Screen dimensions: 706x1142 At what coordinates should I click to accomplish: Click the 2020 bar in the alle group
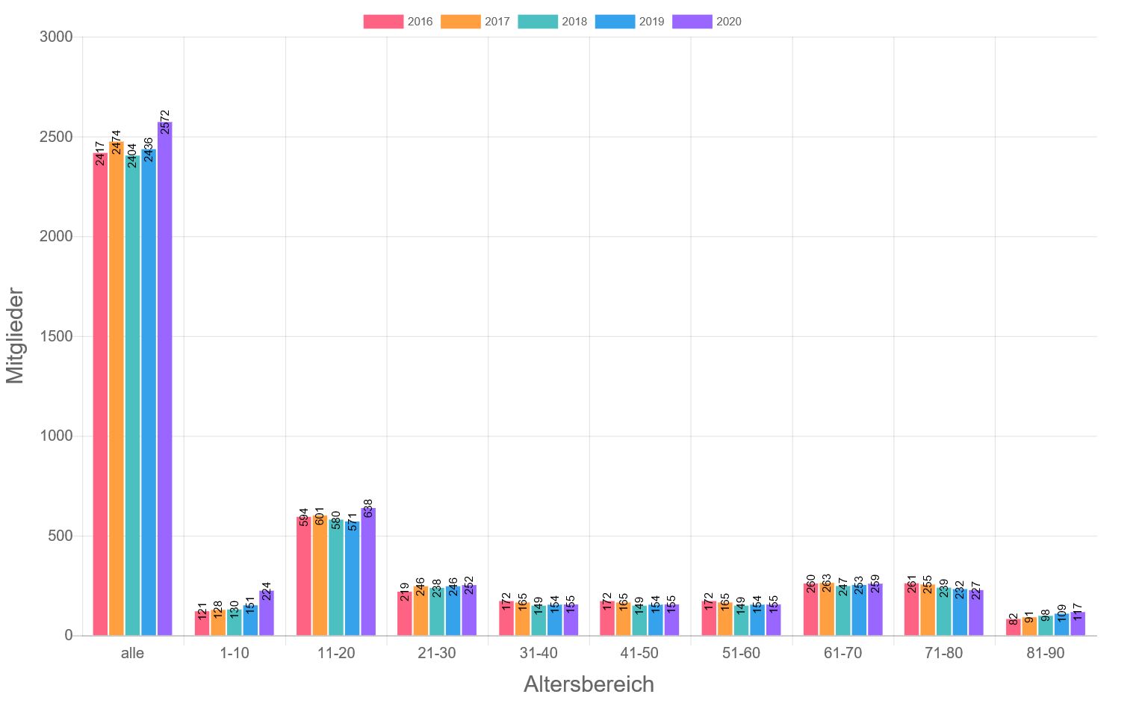pyautogui.click(x=164, y=381)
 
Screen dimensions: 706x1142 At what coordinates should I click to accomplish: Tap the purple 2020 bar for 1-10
pyautogui.click(x=267, y=614)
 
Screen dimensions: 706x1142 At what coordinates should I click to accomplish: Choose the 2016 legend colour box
pyautogui.click(x=383, y=22)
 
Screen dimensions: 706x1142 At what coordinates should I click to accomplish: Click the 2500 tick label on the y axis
pyautogui.click(x=56, y=137)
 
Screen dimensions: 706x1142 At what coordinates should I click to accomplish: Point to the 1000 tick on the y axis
pyautogui.click(x=56, y=436)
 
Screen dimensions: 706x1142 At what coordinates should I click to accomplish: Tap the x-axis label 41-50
pyautogui.click(x=639, y=653)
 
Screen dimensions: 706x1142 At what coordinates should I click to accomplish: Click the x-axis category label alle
pyautogui.click(x=132, y=653)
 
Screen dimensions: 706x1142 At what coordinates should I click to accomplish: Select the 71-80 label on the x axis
pyautogui.click(x=943, y=653)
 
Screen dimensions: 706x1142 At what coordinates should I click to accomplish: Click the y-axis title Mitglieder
pyautogui.click(x=16, y=336)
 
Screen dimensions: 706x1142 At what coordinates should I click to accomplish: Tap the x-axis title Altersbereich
pyautogui.click(x=589, y=684)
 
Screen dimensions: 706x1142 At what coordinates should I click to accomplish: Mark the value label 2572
pyautogui.click(x=165, y=123)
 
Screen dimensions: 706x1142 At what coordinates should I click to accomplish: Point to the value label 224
pyautogui.click(x=267, y=591)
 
